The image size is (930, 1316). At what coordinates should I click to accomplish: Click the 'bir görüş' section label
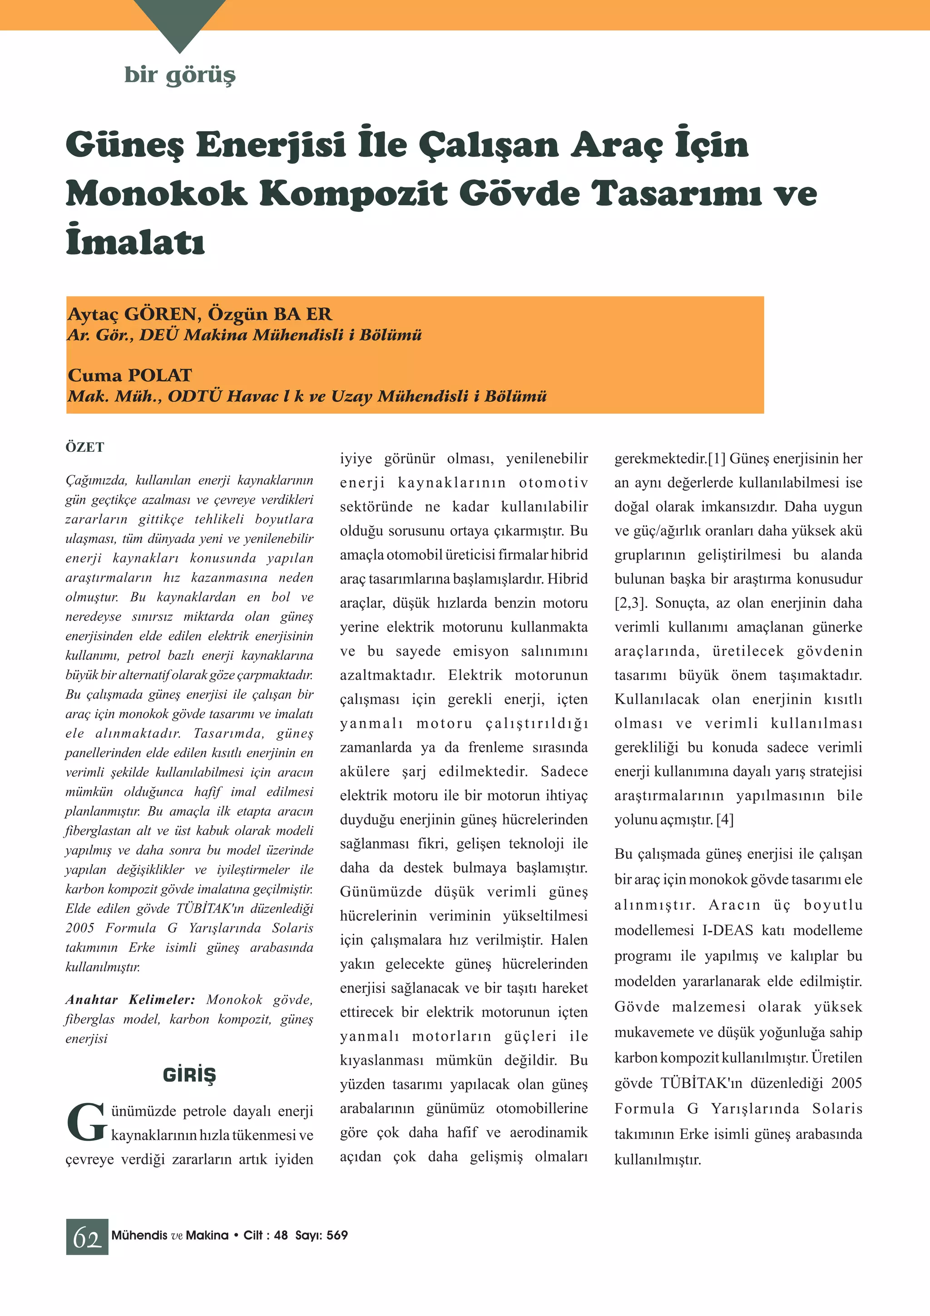179,75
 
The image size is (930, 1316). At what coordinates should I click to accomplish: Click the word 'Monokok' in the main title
156,194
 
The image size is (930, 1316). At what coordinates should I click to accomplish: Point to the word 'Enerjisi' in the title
271,144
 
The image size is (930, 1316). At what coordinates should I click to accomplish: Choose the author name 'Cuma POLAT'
129,376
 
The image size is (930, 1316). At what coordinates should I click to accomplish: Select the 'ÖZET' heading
85,448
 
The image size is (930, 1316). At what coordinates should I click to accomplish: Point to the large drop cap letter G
86,1122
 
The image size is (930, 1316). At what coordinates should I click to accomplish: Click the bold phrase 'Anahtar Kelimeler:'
130,999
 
